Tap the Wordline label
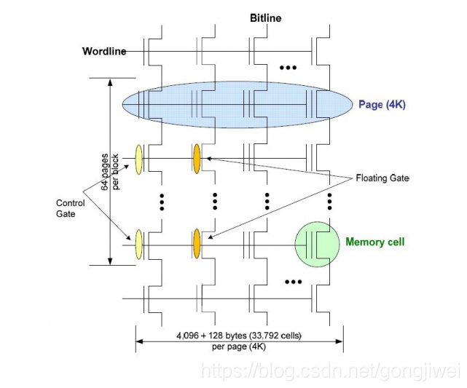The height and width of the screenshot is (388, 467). (x=103, y=51)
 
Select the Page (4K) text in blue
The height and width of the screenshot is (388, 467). (x=382, y=104)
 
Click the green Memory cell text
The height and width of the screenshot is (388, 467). (x=374, y=242)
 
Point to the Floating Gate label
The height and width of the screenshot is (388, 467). (x=383, y=178)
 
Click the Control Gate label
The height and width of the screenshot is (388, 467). (x=70, y=208)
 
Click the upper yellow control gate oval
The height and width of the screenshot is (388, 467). (x=138, y=158)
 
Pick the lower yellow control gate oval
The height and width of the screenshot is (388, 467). (x=138, y=244)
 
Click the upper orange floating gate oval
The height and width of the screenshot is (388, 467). (x=196, y=158)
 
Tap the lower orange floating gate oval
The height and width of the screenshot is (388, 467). (x=196, y=244)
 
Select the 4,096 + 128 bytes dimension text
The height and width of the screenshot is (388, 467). (x=238, y=336)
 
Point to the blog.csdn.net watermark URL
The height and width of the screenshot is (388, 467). (x=329, y=371)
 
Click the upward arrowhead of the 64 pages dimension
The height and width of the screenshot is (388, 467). (x=109, y=82)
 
